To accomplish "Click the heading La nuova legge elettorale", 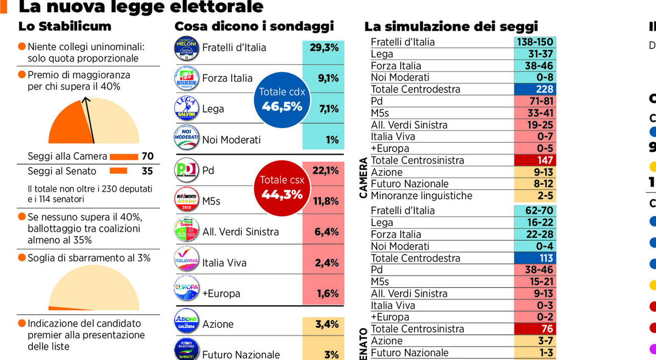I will click(x=140, y=7).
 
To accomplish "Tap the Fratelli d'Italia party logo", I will click(x=187, y=48).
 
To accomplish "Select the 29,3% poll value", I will click(x=324, y=48).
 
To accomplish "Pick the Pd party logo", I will click(x=187, y=170).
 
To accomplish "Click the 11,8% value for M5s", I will click(x=325, y=201).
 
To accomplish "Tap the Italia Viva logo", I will click(x=187, y=262).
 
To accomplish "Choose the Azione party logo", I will click(x=187, y=324).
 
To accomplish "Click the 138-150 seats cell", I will click(x=535, y=42).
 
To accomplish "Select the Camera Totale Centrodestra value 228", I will click(x=535, y=89).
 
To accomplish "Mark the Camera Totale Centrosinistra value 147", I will click(x=535, y=160).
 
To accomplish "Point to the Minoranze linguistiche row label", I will click(x=421, y=196).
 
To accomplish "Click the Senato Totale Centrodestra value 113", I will click(x=535, y=258).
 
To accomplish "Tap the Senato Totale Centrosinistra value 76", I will click(x=535, y=329).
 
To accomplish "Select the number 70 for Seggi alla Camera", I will click(x=148, y=156).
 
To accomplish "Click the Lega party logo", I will click(x=187, y=109).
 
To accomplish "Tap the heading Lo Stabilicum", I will click(x=65, y=26).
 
